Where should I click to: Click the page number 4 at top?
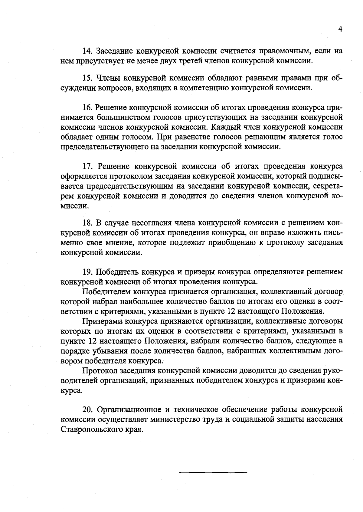[340, 29]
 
